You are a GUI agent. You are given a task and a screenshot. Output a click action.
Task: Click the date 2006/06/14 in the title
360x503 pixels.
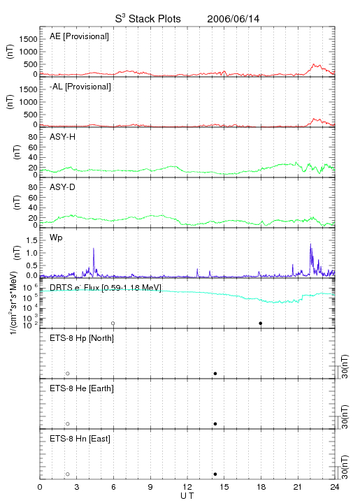pos(233,19)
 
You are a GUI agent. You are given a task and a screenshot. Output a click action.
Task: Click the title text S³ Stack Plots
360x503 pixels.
pos(148,19)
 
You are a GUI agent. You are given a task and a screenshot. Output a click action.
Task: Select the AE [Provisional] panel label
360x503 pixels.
pos(79,36)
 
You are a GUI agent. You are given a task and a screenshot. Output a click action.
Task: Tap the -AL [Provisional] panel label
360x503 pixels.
pos(80,87)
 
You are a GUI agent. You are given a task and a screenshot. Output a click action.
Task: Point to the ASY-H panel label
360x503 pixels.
pos(63,137)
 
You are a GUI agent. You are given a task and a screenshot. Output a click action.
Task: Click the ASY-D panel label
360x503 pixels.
pos(63,187)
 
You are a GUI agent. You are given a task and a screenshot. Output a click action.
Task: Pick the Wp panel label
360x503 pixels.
pos(56,238)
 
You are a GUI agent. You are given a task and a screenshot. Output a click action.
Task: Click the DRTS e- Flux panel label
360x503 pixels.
pos(106,287)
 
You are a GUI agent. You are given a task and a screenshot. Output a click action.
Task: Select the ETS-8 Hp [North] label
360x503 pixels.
pos(82,338)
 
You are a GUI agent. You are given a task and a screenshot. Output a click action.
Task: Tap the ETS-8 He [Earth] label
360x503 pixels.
pos(82,388)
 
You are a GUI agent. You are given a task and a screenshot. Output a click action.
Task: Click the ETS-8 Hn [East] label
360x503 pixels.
pos(80,439)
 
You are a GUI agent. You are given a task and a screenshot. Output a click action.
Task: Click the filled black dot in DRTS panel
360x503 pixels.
pos(261,323)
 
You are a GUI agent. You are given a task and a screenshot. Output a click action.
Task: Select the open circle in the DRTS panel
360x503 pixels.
pos(113,323)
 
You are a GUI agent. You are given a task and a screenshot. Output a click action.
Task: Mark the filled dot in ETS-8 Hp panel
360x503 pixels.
pos(215,373)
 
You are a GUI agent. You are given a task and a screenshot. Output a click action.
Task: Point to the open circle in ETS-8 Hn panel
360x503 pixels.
pos(68,474)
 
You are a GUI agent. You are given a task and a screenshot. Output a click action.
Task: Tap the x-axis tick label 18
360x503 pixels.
pos(261,487)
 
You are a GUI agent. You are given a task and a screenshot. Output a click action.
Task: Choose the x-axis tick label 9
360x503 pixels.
pos(150,487)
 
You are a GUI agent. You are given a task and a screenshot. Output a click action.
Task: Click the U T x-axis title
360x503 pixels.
pos(187,496)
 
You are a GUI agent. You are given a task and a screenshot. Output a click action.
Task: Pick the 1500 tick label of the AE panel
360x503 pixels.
pos(28,39)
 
